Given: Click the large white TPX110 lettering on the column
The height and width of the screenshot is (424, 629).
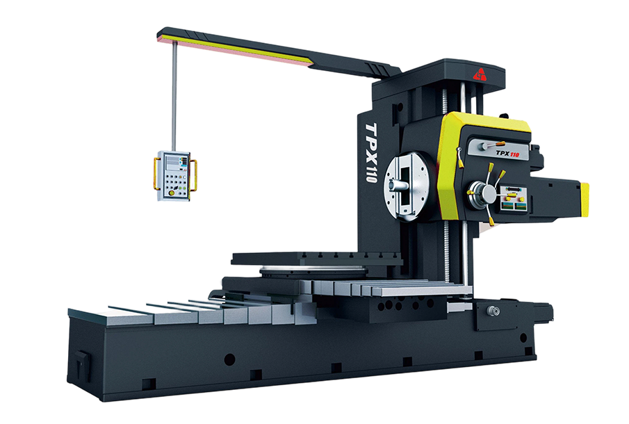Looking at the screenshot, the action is [x=371, y=152].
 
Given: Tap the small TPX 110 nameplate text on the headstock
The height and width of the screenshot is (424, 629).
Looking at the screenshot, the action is [x=507, y=153].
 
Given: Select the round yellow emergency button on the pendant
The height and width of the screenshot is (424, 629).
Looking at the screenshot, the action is [x=172, y=193].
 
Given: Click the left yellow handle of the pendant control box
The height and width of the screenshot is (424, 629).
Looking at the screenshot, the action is [x=155, y=173].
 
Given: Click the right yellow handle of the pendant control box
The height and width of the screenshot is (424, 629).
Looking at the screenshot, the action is [x=193, y=175].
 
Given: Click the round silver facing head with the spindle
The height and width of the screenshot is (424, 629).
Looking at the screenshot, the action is [x=407, y=186].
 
